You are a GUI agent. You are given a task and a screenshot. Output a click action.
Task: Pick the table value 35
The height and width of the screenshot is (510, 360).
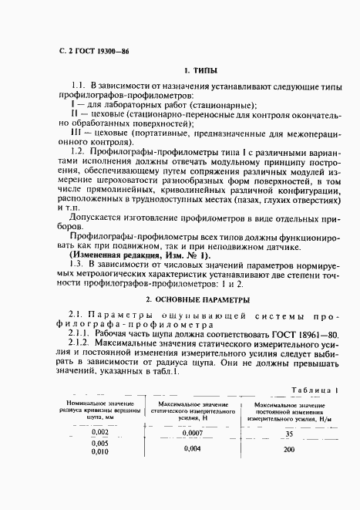click(x=289, y=434)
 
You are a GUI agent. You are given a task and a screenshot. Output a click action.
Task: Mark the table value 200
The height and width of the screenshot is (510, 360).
click(x=289, y=449)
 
